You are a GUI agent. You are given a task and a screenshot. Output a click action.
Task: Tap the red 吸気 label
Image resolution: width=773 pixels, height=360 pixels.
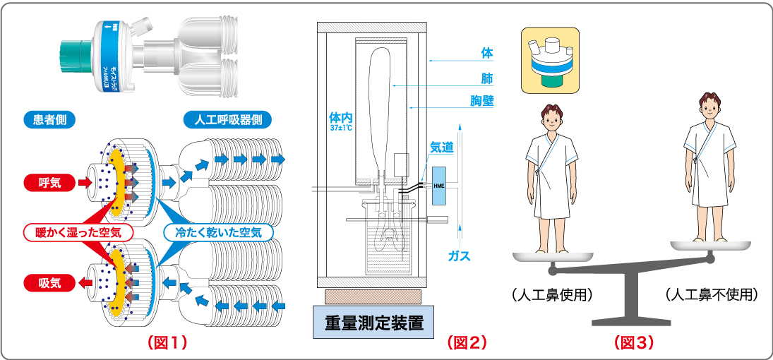pos(49,283)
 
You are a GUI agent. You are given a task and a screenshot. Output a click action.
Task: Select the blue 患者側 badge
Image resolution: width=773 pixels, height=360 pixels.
pos(49,119)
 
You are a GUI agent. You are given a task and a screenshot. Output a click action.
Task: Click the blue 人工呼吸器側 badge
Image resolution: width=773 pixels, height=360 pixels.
pos(228,119)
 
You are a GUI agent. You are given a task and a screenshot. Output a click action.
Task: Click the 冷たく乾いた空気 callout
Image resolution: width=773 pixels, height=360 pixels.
pos(218,232)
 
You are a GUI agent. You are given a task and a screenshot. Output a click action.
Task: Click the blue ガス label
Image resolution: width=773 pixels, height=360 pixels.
pos(459,256)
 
